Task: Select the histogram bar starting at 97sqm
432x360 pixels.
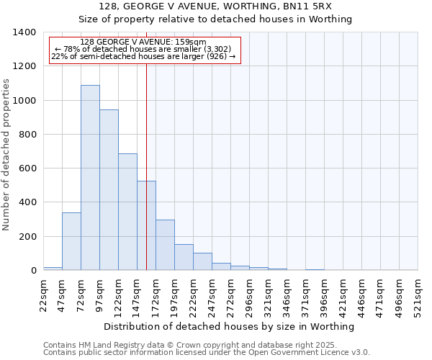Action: pyautogui.click(x=109, y=189)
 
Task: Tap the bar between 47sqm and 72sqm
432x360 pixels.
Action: pyautogui.click(x=71, y=241)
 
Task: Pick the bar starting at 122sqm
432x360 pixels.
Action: pyautogui.click(x=127, y=212)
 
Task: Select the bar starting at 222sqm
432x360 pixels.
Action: pyautogui.click(x=202, y=261)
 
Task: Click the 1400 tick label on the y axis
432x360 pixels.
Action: pyautogui.click(x=24, y=32)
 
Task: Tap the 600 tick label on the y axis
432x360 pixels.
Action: pyautogui.click(x=27, y=168)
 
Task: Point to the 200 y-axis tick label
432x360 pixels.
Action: pyautogui.click(x=27, y=236)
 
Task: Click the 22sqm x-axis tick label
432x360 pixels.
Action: pyautogui.click(x=43, y=294)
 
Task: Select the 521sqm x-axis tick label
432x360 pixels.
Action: pyautogui.click(x=418, y=294)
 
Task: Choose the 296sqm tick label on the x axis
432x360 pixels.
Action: pyautogui.click(x=249, y=294)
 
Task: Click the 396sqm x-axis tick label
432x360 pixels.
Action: pyautogui.click(x=324, y=294)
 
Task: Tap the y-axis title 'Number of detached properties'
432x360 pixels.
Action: pyautogui.click(x=6, y=151)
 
